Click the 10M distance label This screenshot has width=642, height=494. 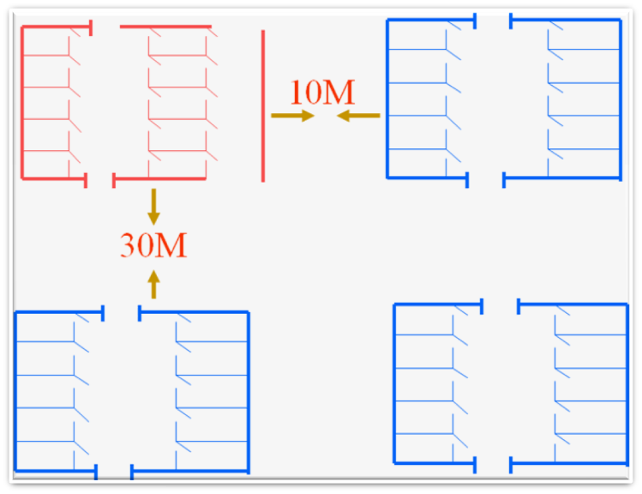click(322, 93)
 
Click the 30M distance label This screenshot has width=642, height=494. click(153, 246)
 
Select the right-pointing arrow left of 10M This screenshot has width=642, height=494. click(292, 115)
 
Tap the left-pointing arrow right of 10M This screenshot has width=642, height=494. click(358, 115)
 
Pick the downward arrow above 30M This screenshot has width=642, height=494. click(153, 206)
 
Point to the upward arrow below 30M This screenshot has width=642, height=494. click(153, 284)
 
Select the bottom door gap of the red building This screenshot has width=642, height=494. click(99, 179)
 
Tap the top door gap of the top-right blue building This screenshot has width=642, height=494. click(494, 20)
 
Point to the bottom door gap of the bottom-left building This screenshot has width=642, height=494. click(114, 472)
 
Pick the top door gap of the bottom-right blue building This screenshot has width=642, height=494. click(501, 305)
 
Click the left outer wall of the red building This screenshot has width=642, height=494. click(22, 103)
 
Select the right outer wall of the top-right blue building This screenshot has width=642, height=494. click(620, 99)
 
